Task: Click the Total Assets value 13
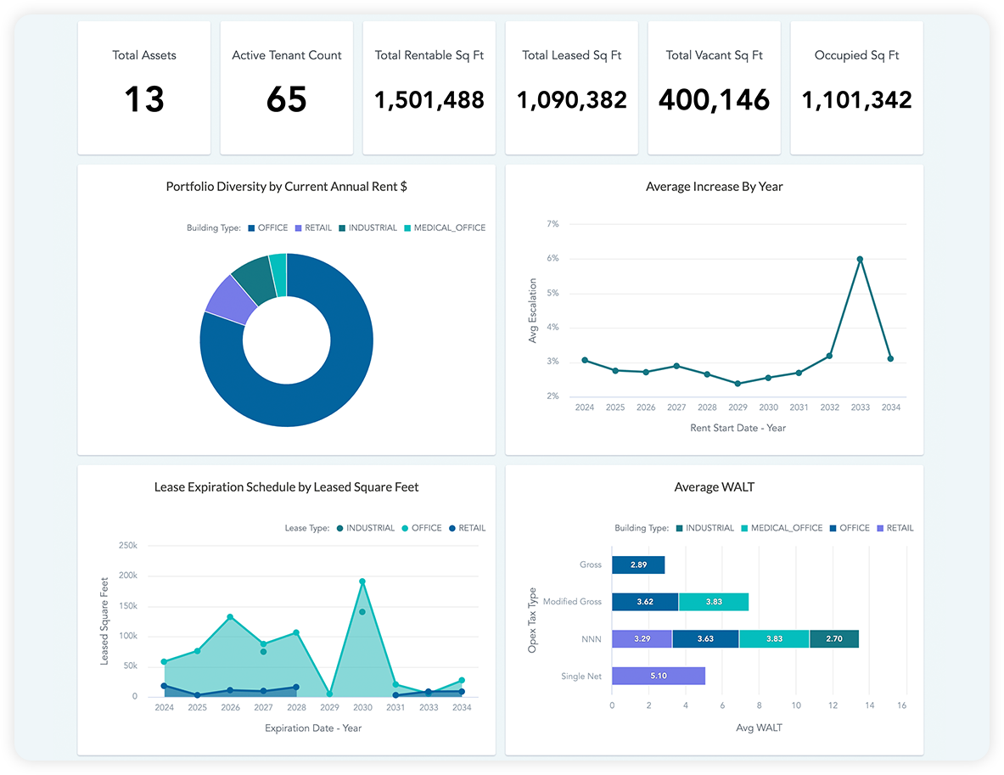pyautogui.click(x=144, y=100)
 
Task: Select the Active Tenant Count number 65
pyautogui.click(x=286, y=100)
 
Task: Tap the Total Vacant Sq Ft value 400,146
pyautogui.click(x=714, y=100)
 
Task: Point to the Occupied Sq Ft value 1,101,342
pyautogui.click(x=856, y=100)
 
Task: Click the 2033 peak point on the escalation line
pyautogui.click(x=860, y=259)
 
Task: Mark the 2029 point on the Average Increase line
pyautogui.click(x=738, y=384)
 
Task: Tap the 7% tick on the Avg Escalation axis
pyautogui.click(x=552, y=224)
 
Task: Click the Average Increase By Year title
pyautogui.click(x=714, y=187)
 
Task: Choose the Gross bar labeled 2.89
pyautogui.click(x=637, y=564)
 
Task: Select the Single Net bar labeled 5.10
pyautogui.click(x=658, y=677)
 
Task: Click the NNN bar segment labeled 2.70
pyautogui.click(x=833, y=639)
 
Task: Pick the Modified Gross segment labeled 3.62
pyautogui.click(x=644, y=602)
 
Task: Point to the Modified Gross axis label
pyautogui.click(x=572, y=602)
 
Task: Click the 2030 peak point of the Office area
pyautogui.click(x=362, y=582)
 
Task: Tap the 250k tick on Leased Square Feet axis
pyautogui.click(x=127, y=545)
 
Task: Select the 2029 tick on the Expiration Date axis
pyautogui.click(x=330, y=707)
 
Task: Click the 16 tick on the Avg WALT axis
pyautogui.click(x=901, y=705)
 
